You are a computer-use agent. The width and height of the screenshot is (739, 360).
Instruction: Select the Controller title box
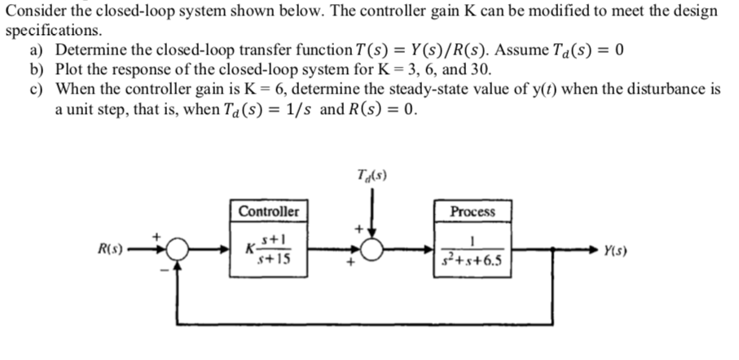point(268,212)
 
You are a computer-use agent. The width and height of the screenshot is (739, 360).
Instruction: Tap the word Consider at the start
point(33,11)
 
